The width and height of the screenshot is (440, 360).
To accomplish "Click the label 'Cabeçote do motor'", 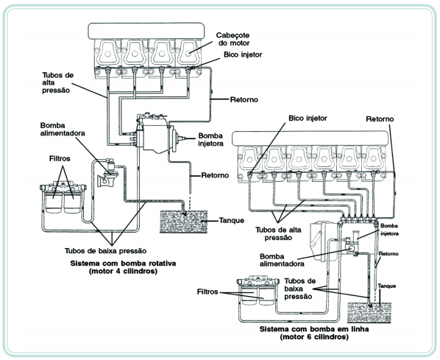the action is tap(233, 39).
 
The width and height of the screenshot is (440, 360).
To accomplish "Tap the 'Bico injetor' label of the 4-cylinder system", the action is tap(243, 54).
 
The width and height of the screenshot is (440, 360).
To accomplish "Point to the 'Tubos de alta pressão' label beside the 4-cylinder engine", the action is tap(58, 83).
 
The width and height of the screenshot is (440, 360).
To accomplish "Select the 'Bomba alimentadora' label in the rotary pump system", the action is tap(63, 129).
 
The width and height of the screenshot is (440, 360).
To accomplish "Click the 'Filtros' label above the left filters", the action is tap(60, 159).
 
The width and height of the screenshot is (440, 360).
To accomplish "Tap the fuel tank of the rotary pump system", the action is tap(183, 222).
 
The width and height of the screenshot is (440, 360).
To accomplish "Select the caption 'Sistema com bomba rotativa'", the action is tap(123, 264).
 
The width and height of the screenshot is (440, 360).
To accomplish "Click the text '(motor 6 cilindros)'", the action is tap(314, 336).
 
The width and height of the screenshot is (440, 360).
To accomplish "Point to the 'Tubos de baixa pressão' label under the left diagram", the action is tap(105, 251).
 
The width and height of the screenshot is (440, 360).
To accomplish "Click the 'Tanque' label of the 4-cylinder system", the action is tap(231, 220).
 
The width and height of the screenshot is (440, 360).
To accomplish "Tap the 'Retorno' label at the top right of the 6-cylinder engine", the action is tap(380, 119).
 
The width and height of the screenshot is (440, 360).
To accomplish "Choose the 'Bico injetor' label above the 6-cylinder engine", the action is tap(308, 119).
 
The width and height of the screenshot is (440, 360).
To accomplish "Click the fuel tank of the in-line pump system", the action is tap(369, 312).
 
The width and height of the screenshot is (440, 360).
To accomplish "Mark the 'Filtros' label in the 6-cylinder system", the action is tap(207, 292).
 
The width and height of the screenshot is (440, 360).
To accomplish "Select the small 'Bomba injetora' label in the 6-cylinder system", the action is tap(389, 230).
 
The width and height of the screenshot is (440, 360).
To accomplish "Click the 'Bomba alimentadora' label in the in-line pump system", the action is tap(282, 260).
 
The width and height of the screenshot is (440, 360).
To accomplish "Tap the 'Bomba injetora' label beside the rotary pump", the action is tap(210, 140).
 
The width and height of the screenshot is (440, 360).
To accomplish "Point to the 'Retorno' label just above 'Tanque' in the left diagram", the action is tap(215, 175).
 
